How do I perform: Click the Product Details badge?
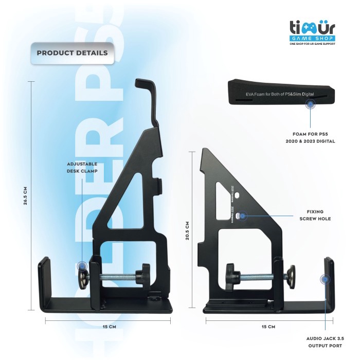click(72, 53)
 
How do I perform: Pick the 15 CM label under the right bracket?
click(268, 327)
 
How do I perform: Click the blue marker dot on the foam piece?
click(311, 105)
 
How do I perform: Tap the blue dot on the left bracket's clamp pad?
click(82, 266)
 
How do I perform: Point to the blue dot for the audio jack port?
click(325, 280)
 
